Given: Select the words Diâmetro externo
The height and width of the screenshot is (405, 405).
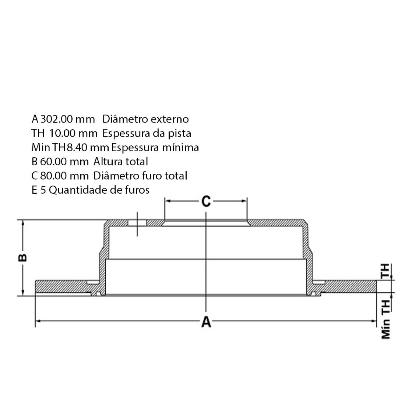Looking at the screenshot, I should (x=145, y=119).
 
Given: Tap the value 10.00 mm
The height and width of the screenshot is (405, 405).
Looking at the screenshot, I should (x=73, y=133).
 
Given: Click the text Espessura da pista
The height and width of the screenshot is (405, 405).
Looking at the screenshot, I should (x=147, y=133).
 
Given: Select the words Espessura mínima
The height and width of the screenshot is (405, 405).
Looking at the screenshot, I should (x=155, y=148).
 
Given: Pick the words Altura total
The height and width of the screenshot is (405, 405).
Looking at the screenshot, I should (x=121, y=162).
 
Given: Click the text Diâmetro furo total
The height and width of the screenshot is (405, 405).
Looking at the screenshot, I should (x=140, y=176).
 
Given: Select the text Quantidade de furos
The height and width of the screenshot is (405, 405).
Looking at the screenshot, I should (x=99, y=190).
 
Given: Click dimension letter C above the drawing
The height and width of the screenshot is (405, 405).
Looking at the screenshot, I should (x=206, y=201).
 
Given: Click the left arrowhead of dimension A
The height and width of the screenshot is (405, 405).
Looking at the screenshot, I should (x=37, y=321).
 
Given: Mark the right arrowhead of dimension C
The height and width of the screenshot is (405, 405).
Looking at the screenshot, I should (x=244, y=201).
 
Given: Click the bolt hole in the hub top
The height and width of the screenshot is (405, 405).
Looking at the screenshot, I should (x=137, y=223).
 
